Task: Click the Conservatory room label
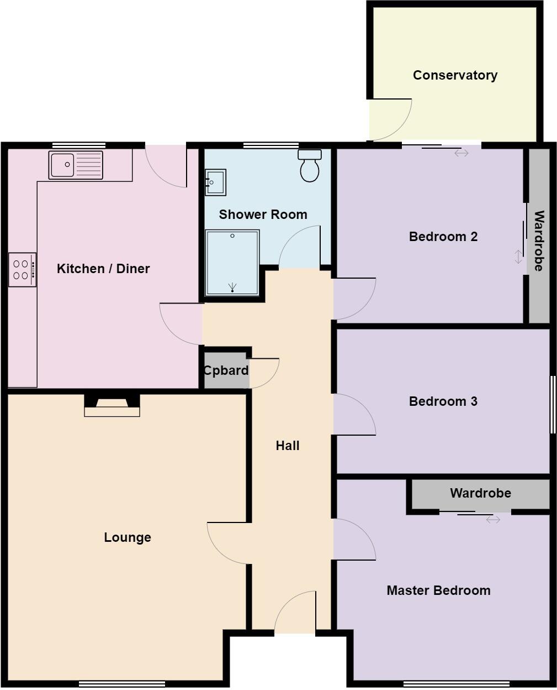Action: click(x=455, y=75)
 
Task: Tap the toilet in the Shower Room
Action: click(x=310, y=165)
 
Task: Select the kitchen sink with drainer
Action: click(x=76, y=165)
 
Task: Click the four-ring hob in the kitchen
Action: click(x=22, y=269)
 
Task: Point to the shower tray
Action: click(x=232, y=263)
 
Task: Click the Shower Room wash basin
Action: click(x=215, y=182)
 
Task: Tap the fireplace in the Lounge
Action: click(x=112, y=405)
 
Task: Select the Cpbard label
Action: click(x=226, y=370)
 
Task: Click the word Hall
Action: click(x=288, y=446)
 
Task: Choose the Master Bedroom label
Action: click(x=438, y=590)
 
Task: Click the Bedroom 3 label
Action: click(x=443, y=401)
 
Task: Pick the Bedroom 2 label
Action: click(x=443, y=237)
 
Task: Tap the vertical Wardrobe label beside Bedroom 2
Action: click(x=539, y=241)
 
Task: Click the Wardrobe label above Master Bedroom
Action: click(x=480, y=493)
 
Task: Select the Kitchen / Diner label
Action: click(x=103, y=269)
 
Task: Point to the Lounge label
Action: click(x=128, y=537)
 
